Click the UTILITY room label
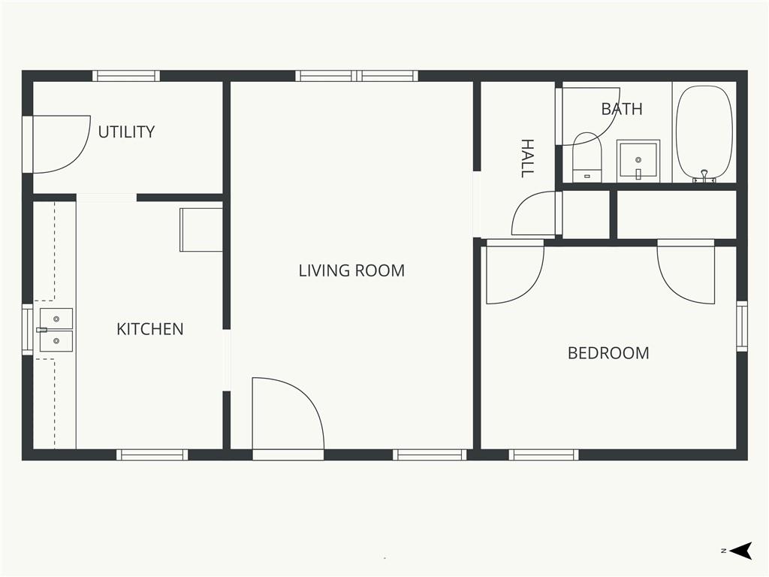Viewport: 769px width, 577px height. point(126,131)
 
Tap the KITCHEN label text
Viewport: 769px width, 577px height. point(150,329)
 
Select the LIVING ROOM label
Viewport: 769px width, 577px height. point(351,270)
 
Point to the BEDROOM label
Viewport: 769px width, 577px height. point(608,353)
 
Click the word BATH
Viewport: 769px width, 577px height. point(622,108)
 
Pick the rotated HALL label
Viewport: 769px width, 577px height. point(527,158)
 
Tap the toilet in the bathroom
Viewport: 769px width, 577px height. point(587,156)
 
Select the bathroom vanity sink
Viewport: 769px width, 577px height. point(638,161)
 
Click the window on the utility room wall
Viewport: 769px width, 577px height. point(126,76)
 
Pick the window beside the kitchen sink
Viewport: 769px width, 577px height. point(28,330)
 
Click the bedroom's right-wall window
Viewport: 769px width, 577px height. point(742,326)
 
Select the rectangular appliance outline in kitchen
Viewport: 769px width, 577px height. point(201,230)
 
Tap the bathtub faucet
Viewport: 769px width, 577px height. point(704,175)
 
